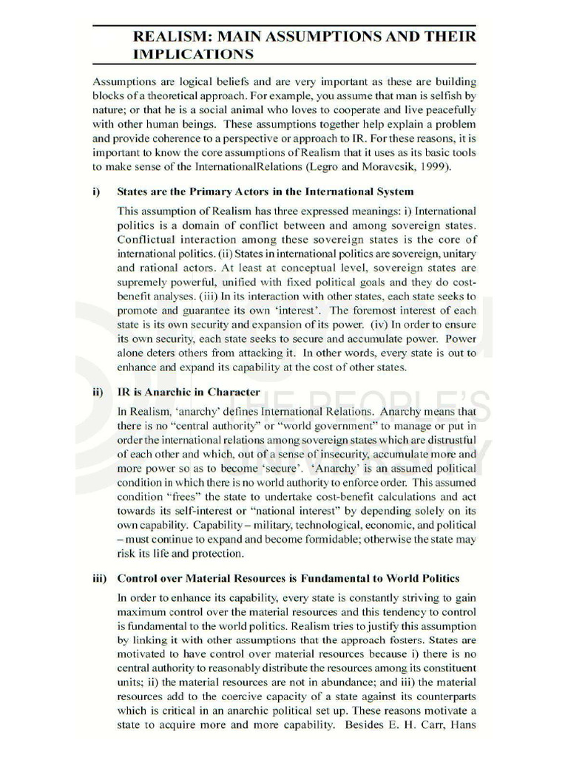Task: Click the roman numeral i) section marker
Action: [x=97, y=191]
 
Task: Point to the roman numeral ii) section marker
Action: [x=98, y=392]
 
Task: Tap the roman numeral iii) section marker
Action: [x=100, y=577]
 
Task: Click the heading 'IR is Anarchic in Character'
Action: [x=189, y=392]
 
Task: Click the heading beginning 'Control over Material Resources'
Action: [x=288, y=577]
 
